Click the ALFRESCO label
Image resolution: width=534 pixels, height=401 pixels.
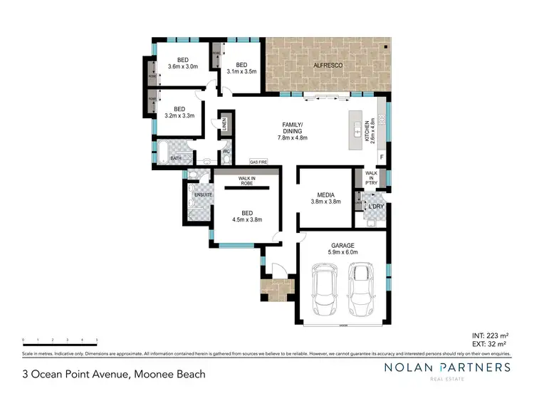(326, 66)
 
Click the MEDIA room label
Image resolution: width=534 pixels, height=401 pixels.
(326, 197)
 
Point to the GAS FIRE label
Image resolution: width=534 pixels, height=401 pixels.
(258, 162)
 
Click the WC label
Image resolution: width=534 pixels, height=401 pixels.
(226, 151)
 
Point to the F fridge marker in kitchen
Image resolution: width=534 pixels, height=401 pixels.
(382, 157)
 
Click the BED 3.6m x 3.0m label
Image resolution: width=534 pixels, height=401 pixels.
(182, 63)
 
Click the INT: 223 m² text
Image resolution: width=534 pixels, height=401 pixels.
(490, 335)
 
